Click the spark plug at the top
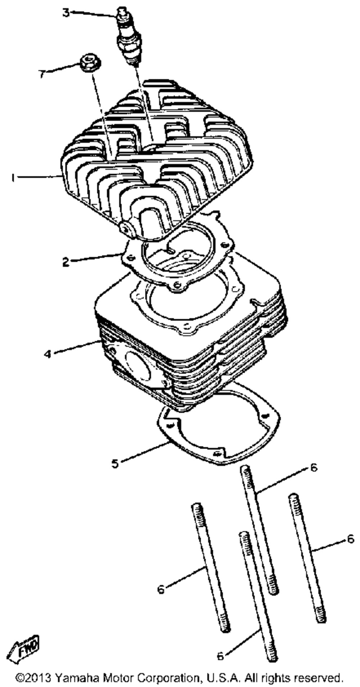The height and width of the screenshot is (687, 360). [x=128, y=38]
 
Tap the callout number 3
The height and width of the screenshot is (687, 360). [x=66, y=13]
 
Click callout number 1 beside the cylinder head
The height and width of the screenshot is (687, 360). [x=13, y=178]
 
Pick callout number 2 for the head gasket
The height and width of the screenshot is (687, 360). [x=65, y=262]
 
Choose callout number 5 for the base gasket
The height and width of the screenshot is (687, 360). [x=115, y=463]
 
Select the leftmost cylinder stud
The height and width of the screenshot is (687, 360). [x=211, y=569]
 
